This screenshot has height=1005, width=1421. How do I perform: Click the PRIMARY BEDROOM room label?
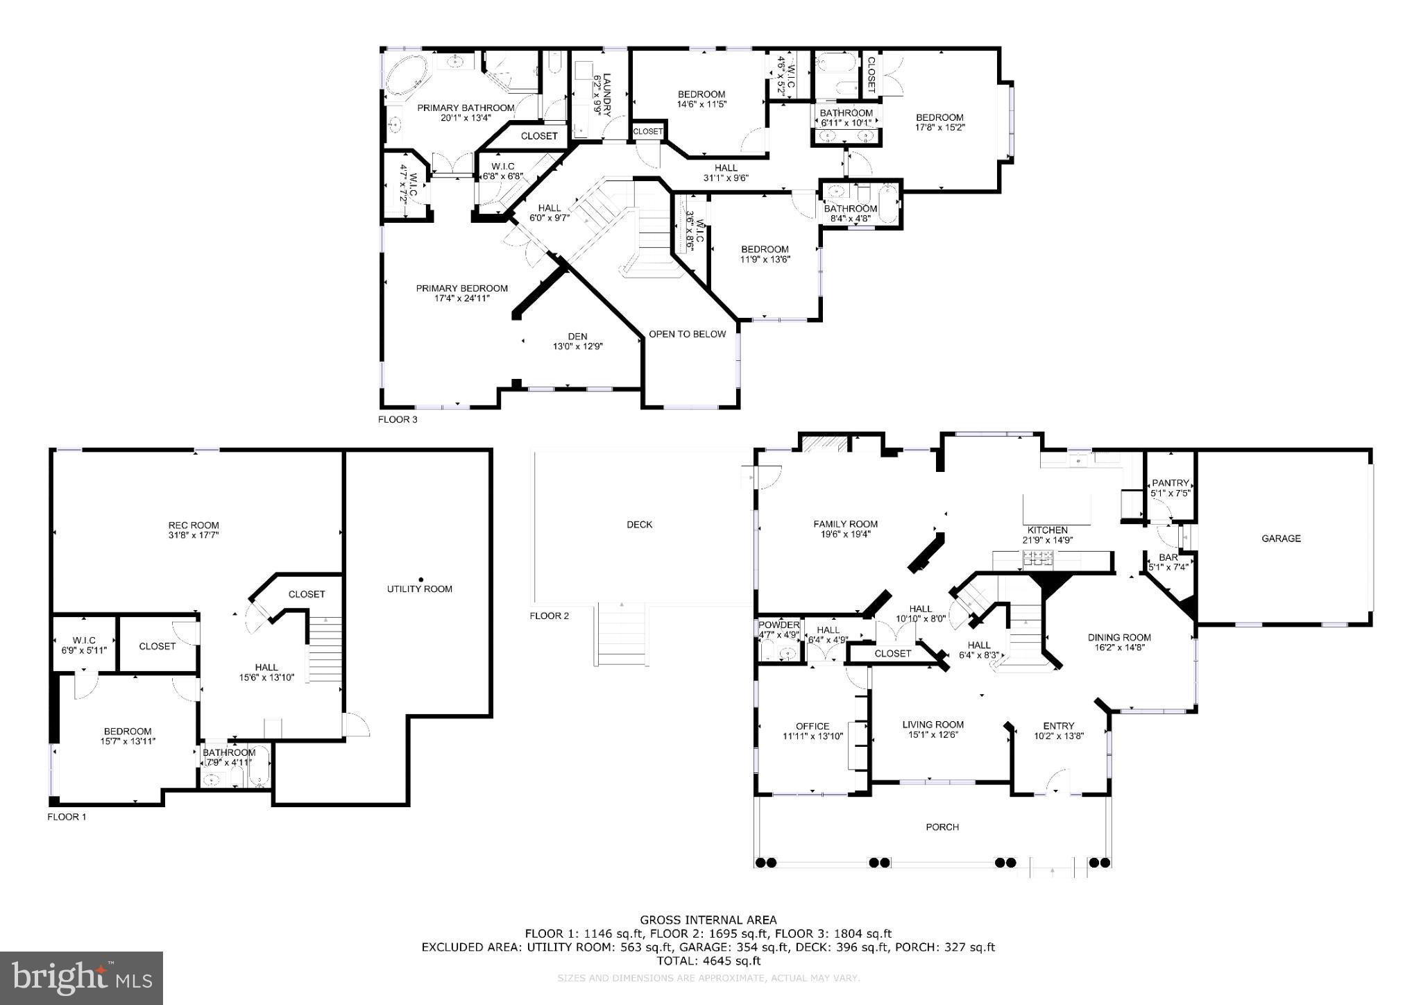click(461, 288)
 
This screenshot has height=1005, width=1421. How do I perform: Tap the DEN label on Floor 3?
click(577, 336)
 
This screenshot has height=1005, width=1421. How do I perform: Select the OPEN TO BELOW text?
click(687, 334)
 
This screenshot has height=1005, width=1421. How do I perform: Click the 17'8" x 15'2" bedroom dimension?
click(940, 127)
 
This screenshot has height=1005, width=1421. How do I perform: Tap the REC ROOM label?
click(194, 525)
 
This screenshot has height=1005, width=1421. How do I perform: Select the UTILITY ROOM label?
click(419, 589)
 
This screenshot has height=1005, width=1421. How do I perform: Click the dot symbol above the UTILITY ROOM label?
click(420, 579)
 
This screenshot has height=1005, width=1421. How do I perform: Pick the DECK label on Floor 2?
click(639, 525)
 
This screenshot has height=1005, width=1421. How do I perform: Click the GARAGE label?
click(1281, 538)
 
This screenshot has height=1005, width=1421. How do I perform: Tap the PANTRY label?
click(1171, 483)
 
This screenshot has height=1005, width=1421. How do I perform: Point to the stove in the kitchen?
click(1037, 557)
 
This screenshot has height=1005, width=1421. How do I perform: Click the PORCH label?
click(942, 827)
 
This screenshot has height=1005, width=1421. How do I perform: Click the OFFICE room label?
click(812, 726)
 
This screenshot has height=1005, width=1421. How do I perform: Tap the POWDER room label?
click(778, 625)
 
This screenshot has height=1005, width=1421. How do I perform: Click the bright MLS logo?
click(81, 978)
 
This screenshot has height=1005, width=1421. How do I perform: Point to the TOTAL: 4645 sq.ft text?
click(708, 961)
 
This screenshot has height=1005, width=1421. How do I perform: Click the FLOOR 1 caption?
click(67, 817)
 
